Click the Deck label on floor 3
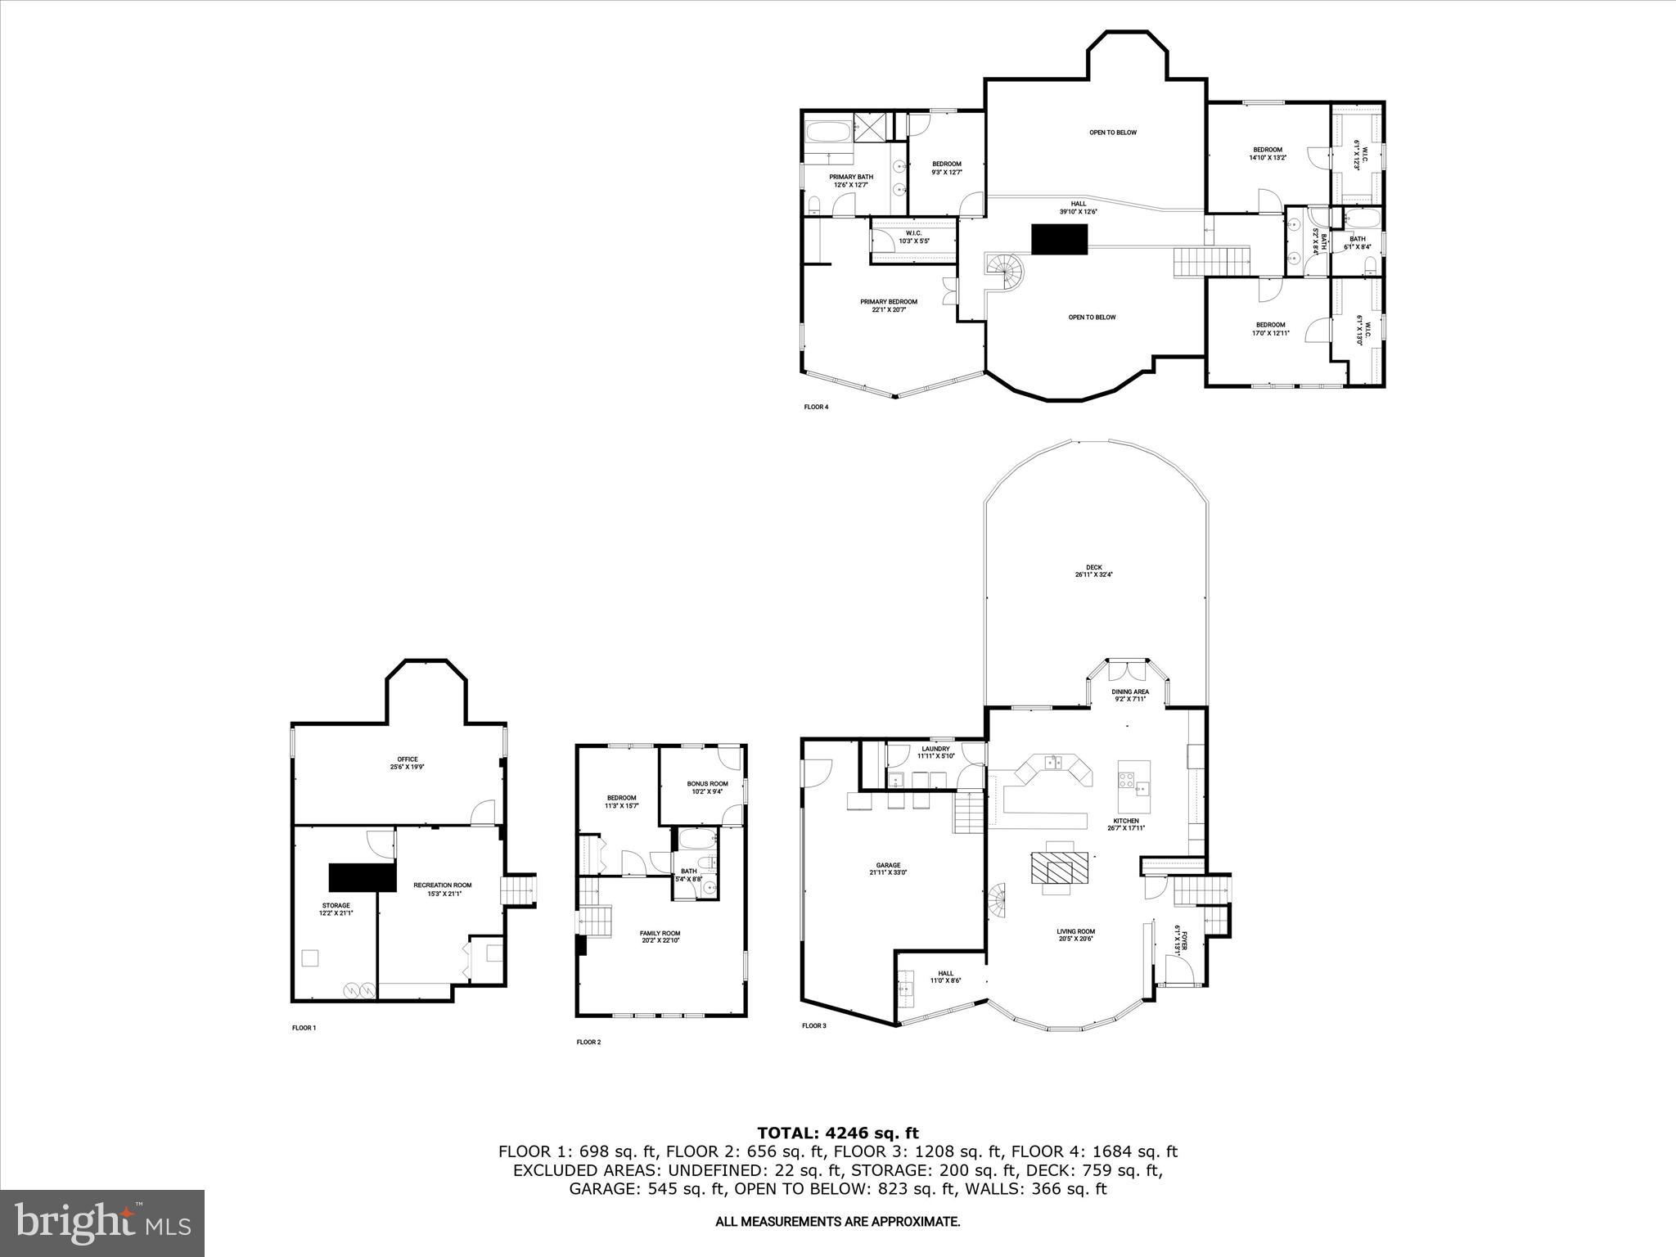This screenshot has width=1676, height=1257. pos(1093,570)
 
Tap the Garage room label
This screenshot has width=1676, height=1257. pos(888,868)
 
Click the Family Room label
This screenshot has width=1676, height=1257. pos(660,936)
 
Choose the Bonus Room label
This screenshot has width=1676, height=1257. pos(707,787)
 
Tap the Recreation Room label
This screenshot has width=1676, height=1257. pos(442,889)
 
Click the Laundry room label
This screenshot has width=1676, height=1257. pos(935,751)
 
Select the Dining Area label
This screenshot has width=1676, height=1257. pos(1129,695)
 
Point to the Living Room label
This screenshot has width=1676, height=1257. pos(1075,935)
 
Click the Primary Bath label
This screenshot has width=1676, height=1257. pos(851,181)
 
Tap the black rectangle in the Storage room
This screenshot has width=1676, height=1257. pos(362,876)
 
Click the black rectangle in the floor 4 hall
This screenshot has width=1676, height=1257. pos(1059,240)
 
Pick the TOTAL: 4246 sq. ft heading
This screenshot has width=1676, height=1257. pos(837,1133)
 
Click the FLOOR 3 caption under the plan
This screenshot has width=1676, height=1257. pos(813,1025)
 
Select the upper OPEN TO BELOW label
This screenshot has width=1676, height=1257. pos(1112,133)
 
